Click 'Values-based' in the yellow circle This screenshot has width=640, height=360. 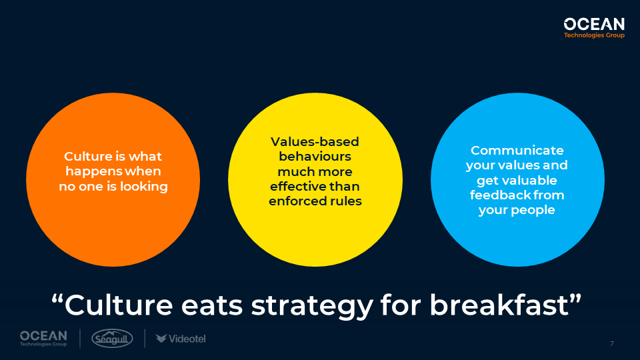pos(315,141)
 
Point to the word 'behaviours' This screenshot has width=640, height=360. pos(315,156)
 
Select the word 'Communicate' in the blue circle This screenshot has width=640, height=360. pos(517,151)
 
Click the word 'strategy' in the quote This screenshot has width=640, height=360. pos(312,306)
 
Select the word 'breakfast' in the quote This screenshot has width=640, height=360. pos(499,305)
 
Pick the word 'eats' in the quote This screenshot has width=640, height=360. pos(212,306)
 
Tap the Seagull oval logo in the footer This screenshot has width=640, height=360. pos(112,339)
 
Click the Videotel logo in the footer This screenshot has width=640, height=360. pos(181,339)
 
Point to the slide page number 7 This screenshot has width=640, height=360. pos(612,344)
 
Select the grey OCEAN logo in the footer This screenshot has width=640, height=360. pos(44,339)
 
